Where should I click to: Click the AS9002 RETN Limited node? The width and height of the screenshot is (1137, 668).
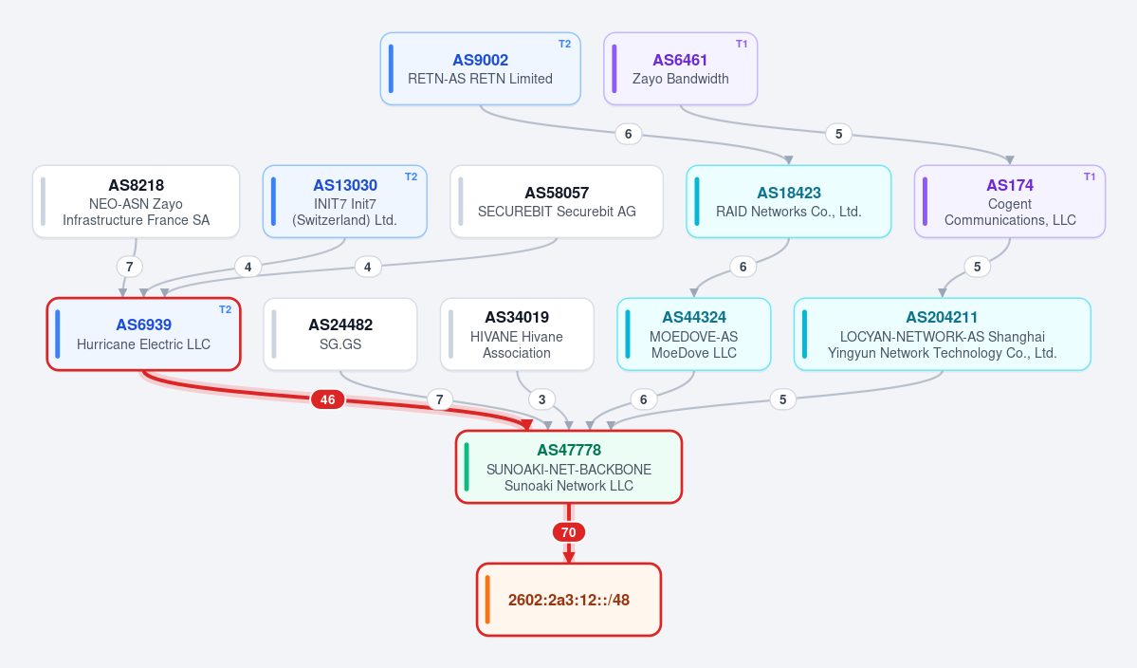(480, 69)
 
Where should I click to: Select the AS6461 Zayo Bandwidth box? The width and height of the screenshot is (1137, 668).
(680, 69)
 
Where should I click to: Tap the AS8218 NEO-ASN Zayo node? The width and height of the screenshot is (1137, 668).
(137, 201)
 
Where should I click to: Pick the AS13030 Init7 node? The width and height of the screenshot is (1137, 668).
(345, 201)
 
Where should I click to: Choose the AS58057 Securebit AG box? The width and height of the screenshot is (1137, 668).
(557, 201)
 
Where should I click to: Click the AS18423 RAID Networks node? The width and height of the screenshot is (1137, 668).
(789, 201)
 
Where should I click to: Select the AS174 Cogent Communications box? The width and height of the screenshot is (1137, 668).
(1010, 201)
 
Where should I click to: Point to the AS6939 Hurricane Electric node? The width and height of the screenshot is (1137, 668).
(143, 334)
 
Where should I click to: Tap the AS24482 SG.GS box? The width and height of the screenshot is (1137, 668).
(340, 334)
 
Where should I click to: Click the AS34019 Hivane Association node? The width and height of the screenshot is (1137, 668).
(517, 334)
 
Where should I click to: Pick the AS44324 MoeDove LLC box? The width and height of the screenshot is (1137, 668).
(694, 334)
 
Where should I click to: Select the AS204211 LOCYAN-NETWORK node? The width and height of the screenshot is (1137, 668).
(943, 334)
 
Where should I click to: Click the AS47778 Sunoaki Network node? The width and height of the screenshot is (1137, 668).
(569, 467)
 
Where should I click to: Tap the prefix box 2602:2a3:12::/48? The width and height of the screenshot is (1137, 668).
(569, 600)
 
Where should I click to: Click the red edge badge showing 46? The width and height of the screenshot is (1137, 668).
(328, 399)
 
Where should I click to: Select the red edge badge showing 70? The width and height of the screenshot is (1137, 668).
(569, 532)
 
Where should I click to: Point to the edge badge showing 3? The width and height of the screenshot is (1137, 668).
(541, 399)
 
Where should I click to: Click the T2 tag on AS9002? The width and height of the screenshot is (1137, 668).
(565, 45)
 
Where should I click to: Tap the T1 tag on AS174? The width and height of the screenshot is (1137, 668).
(1090, 177)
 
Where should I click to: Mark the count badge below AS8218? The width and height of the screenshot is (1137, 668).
(130, 267)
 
